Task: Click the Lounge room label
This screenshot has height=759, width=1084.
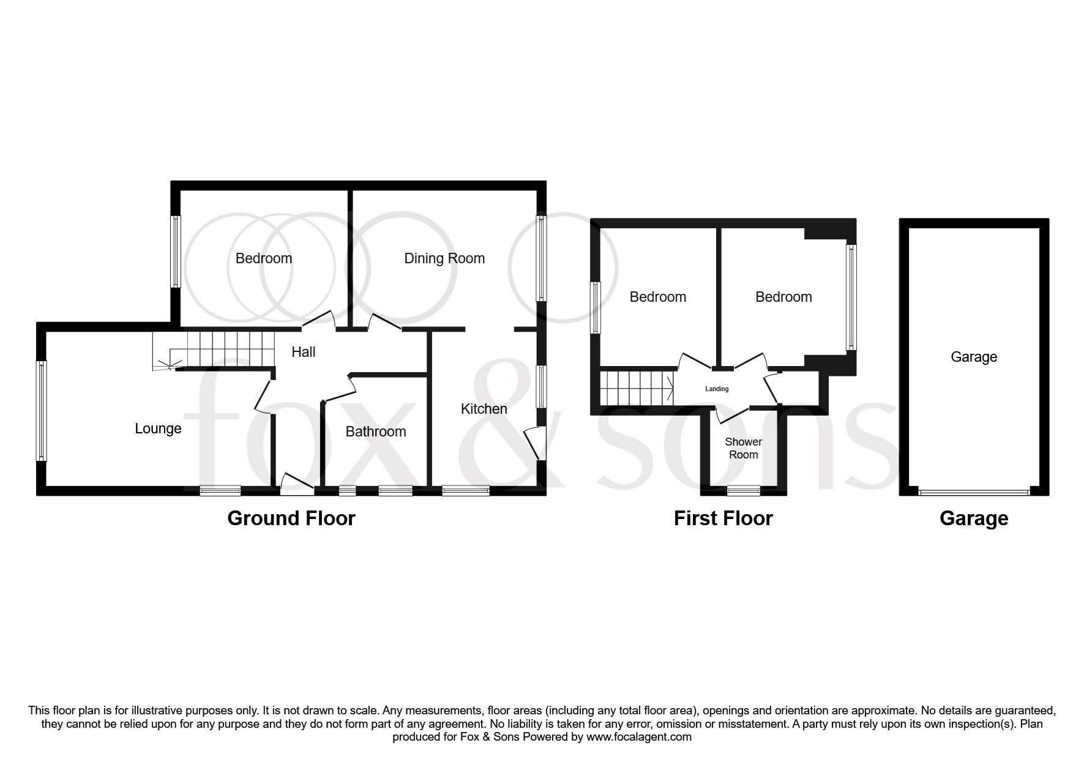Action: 158,428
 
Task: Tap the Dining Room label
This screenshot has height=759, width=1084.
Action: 444,258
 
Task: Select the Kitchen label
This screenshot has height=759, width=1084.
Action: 484,409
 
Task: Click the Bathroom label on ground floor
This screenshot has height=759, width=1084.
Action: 376,432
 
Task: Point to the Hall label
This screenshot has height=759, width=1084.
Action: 304,352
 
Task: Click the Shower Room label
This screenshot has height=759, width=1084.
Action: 743,448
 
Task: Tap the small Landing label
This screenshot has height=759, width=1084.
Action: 717,389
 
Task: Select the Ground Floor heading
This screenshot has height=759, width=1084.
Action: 291,518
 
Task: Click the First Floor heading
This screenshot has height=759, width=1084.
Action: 723,518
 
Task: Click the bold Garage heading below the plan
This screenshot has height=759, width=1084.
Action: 973,518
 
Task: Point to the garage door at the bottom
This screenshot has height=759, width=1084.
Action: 974,491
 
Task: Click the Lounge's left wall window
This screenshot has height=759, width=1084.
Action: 42,410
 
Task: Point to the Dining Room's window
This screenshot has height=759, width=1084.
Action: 541,258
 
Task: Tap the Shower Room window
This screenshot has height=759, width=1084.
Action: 744,490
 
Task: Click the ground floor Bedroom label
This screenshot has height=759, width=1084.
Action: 264,258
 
